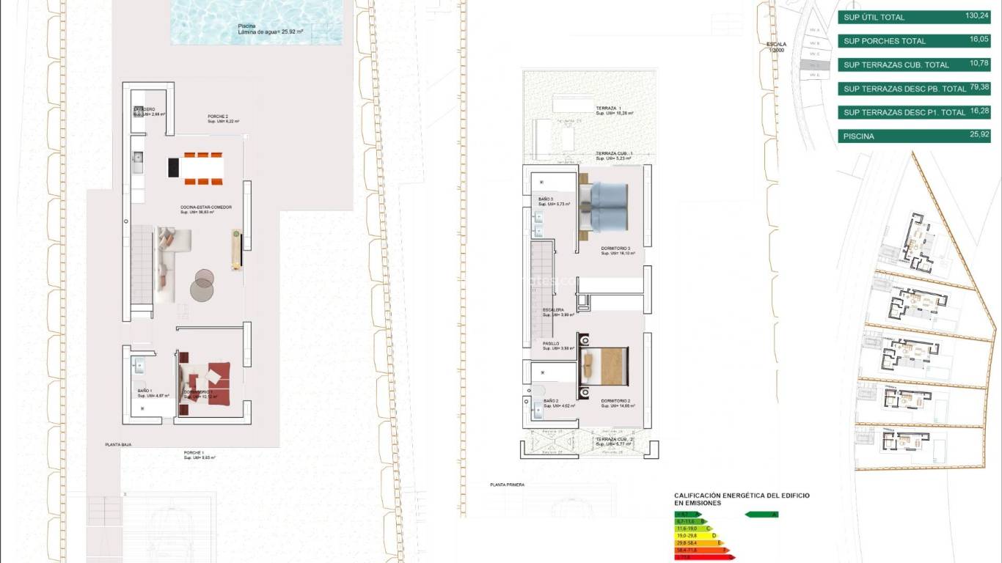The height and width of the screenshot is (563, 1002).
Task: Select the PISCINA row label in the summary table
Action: coord(858,136)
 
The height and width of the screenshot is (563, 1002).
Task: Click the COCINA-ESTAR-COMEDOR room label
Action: coord(206,208)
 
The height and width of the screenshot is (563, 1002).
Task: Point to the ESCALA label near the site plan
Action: coord(776,44)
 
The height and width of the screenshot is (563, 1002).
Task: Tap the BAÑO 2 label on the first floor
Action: coord(552,401)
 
